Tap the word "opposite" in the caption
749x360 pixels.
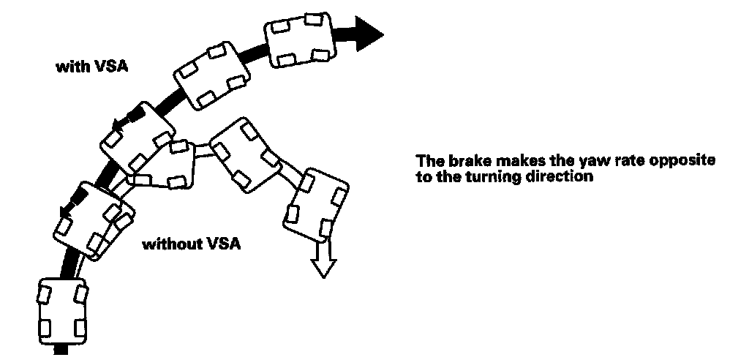683,160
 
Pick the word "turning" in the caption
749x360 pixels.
485,176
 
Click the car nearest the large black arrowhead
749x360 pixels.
297,41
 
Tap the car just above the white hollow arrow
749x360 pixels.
315,204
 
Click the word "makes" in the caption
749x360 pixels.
511,160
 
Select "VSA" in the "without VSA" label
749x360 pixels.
225,243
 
